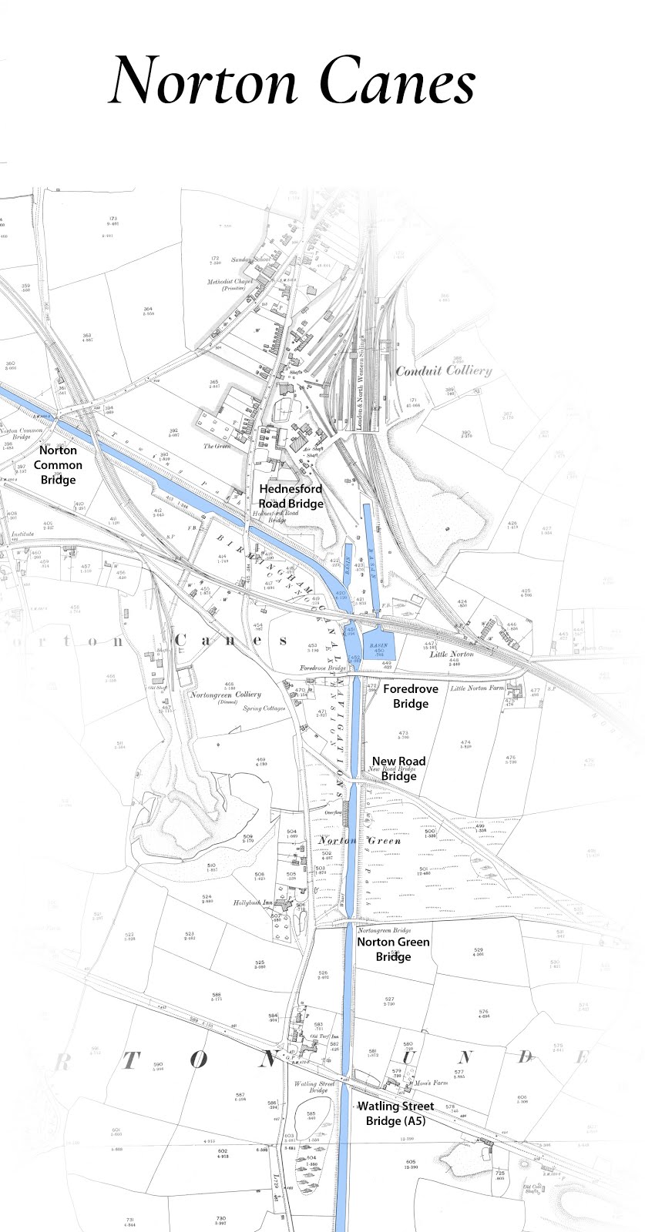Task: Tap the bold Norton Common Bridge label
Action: (58, 465)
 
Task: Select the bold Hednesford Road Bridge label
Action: (291, 496)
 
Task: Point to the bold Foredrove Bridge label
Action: (410, 695)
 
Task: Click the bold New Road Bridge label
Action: (398, 768)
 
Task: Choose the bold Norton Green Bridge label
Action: (393, 949)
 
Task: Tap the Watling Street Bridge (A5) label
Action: (395, 1113)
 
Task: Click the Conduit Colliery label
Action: (443, 370)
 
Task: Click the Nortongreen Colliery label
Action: (225, 695)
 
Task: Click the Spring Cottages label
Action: (264, 708)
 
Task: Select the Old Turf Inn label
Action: (319, 1036)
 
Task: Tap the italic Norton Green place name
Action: (360, 841)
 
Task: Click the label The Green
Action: (217, 447)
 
